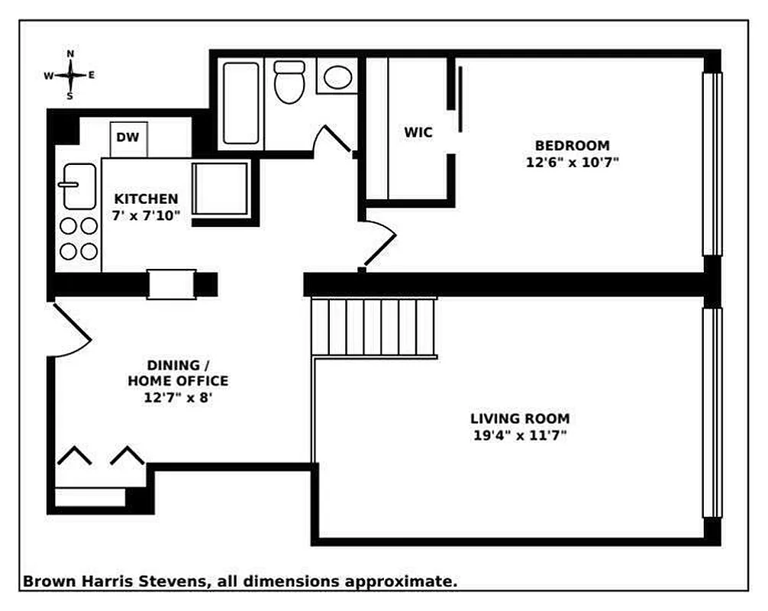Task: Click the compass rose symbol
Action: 69,75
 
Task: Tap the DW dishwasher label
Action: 127,137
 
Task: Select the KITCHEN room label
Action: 147,199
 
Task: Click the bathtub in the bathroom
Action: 241,105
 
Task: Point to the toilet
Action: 289,83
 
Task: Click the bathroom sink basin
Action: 337,77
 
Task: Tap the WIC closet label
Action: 418,132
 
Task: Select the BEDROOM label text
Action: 572,145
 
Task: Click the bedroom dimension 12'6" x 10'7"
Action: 572,162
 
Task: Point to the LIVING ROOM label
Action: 519,419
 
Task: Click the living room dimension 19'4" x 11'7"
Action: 519,435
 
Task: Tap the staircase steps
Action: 374,328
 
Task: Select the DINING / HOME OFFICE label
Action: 177,373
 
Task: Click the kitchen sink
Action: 79,186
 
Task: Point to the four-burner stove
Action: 79,238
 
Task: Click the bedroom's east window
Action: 712,163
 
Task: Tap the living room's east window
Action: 712,412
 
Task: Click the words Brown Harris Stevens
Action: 115,581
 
